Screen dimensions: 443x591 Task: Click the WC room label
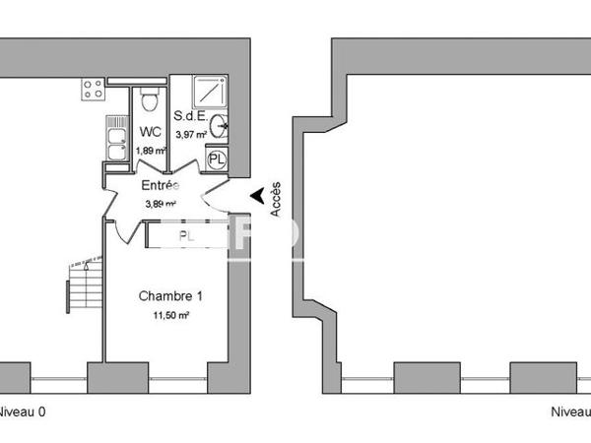coord(151,131)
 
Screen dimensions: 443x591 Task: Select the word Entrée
coord(161,185)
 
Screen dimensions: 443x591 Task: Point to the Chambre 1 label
coord(170,295)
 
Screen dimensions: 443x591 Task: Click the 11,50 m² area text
coord(170,315)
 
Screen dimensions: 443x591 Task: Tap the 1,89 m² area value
coord(151,150)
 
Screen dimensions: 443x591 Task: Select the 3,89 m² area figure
coord(161,204)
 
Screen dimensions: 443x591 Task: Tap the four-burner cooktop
coord(93,92)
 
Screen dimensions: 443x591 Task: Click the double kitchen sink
coord(115,141)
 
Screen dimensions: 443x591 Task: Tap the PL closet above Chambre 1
coord(185,235)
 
